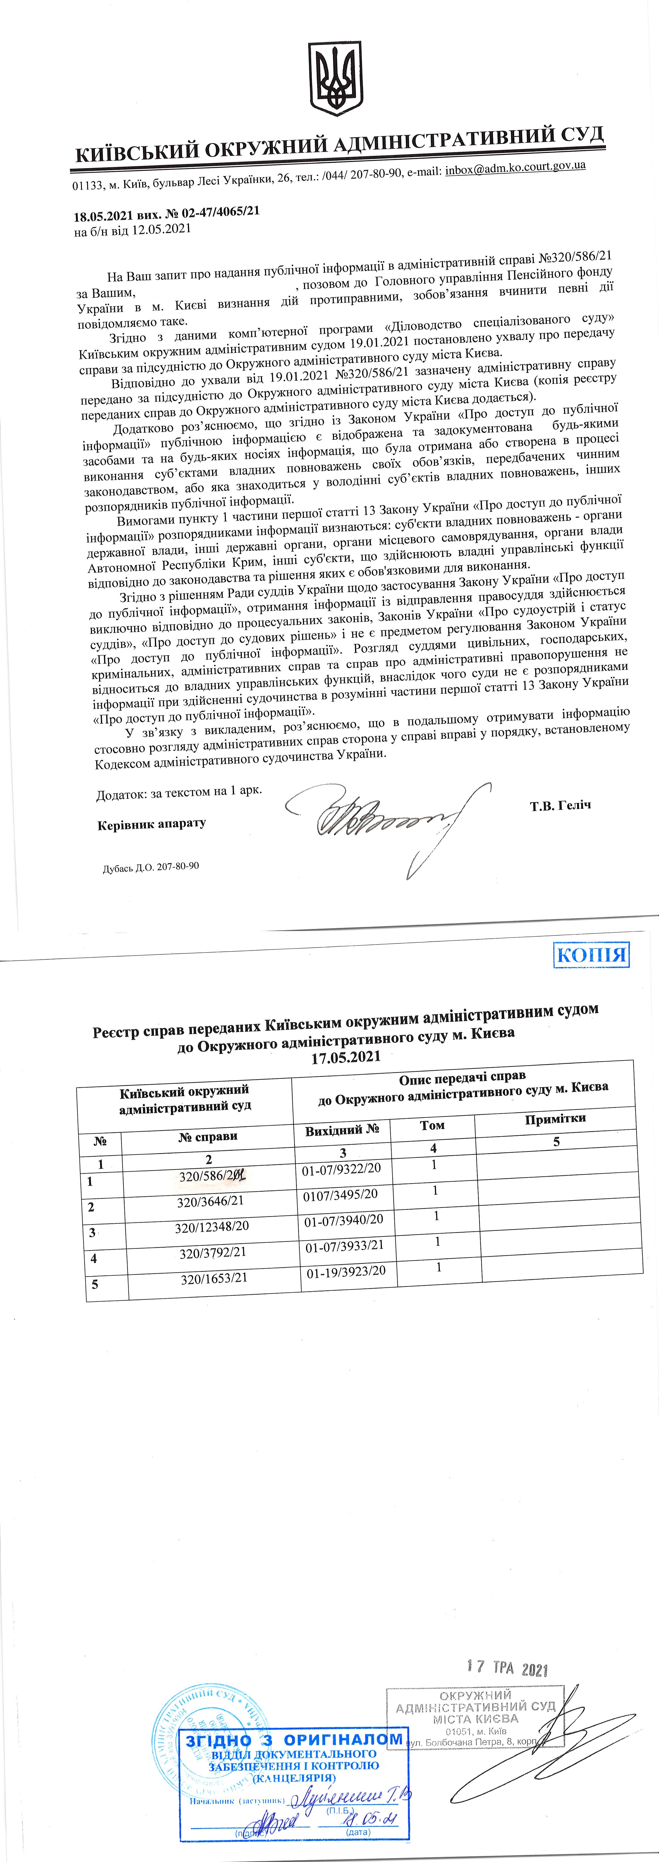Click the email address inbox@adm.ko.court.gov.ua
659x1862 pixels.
pos(515,168)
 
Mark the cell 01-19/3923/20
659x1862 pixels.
pos(346,1272)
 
